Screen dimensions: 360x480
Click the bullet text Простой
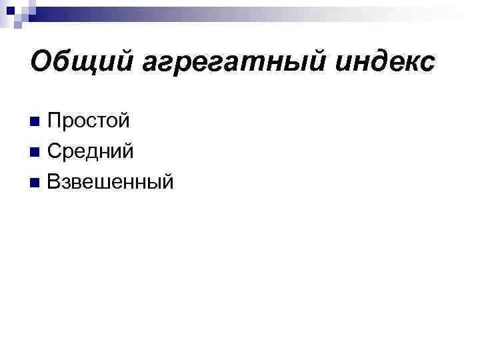tap(89, 122)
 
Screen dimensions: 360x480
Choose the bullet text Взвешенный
tap(111, 181)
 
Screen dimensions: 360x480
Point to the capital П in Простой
tap(55, 122)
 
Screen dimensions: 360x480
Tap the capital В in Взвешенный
tap(54, 181)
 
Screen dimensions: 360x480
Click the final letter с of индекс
tap(427, 64)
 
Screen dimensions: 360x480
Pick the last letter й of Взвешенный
tap(167, 181)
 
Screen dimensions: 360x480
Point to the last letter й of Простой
tap(123, 122)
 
